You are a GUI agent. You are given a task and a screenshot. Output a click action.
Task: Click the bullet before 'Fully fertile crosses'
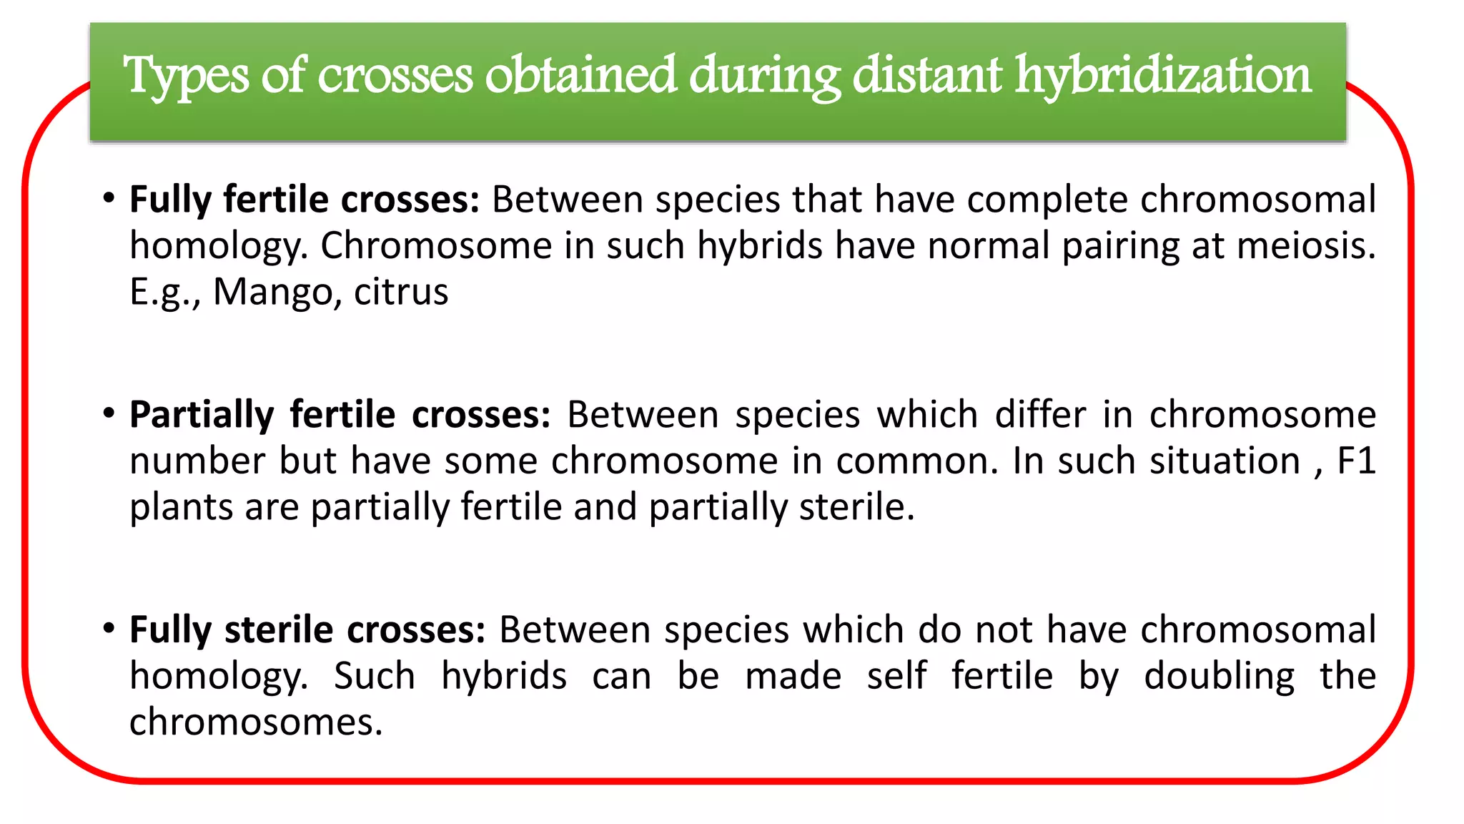[109, 198]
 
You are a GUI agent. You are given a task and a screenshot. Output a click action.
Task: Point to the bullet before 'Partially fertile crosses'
[109, 413]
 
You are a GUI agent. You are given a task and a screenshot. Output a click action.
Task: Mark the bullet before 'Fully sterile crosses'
[109, 629]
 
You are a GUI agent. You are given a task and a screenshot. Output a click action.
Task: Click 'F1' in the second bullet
[1356, 461]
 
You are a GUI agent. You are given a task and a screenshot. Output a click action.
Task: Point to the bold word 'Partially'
[202, 415]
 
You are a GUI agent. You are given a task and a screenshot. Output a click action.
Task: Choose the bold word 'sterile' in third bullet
[278, 629]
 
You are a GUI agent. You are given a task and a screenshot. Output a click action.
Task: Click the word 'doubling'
[1219, 677]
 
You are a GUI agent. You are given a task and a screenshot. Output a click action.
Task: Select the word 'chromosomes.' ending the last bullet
[256, 722]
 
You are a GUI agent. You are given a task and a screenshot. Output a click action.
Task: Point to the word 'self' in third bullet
[896, 676]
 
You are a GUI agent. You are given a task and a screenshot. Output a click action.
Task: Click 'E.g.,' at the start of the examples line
[165, 292]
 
